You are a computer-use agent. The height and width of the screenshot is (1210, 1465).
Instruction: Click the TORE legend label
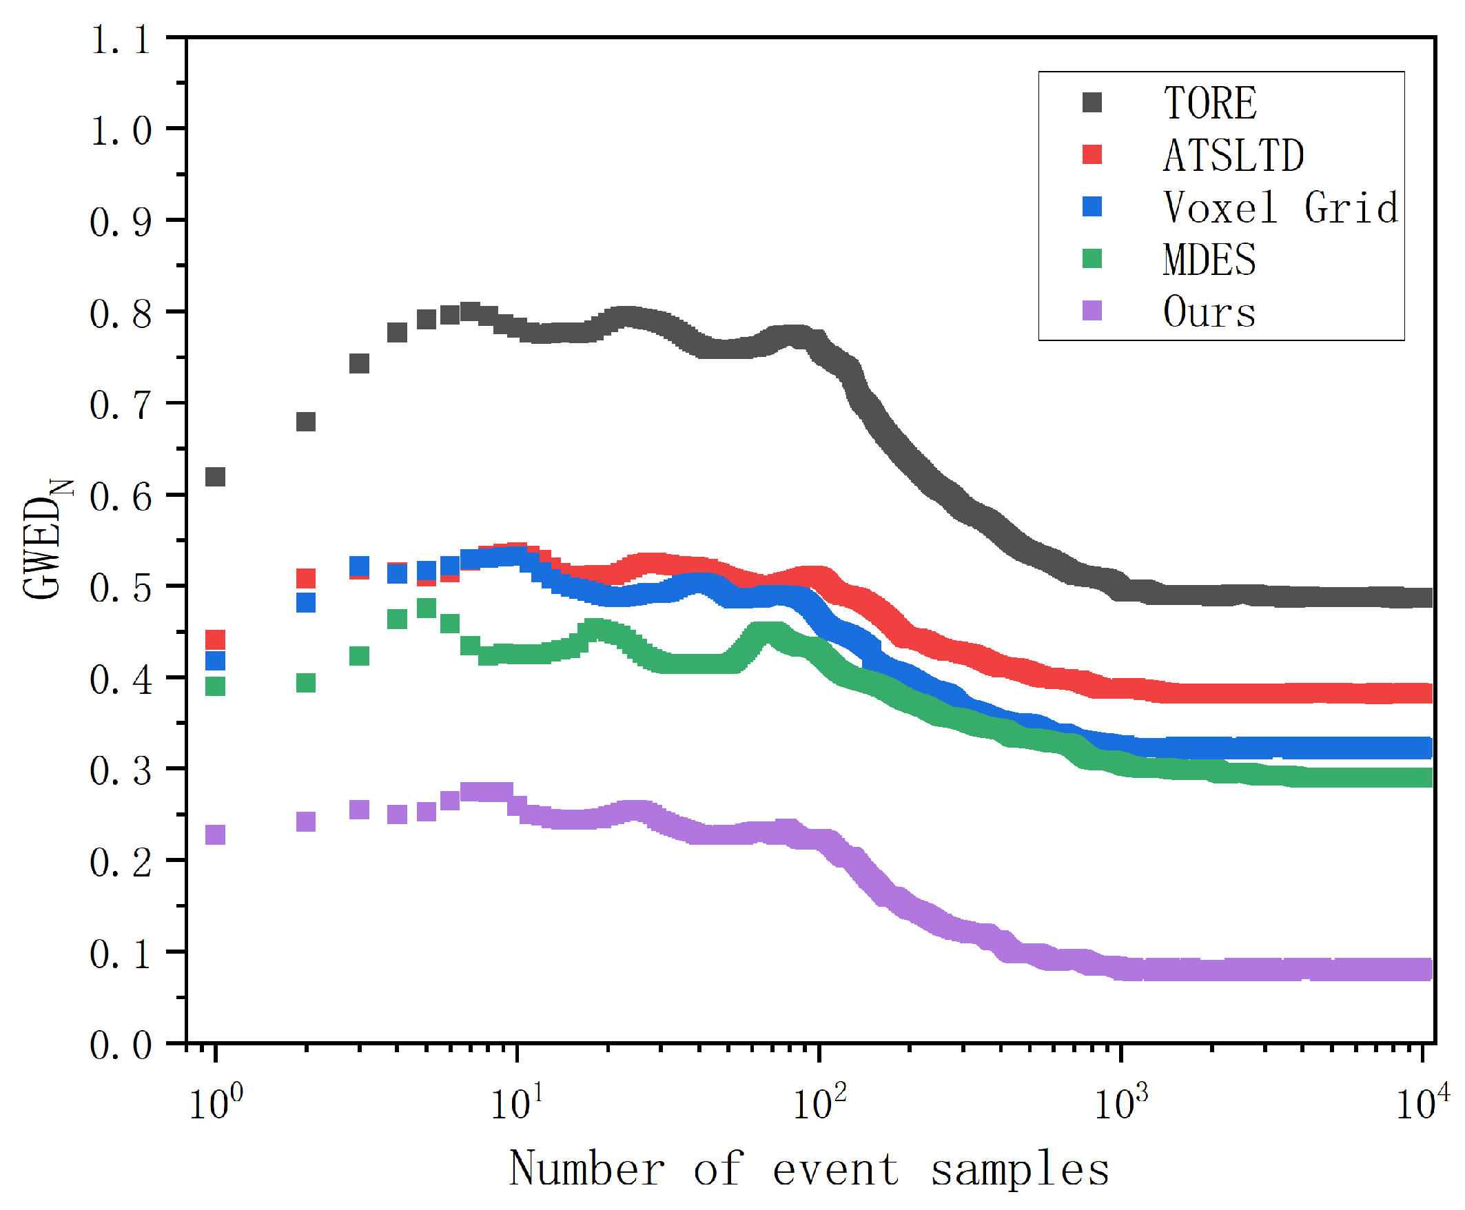pyautogui.click(x=1209, y=103)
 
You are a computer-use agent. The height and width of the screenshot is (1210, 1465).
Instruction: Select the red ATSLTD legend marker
pyautogui.click(x=1092, y=155)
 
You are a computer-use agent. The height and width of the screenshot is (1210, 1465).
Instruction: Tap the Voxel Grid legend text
pyautogui.click(x=1280, y=207)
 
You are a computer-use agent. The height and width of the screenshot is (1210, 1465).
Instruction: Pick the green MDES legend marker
pyautogui.click(x=1092, y=258)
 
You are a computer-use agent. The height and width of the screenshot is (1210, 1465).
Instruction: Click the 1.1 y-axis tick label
pyautogui.click(x=121, y=41)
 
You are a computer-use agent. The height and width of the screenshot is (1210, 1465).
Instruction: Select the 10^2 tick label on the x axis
pyautogui.click(x=819, y=1103)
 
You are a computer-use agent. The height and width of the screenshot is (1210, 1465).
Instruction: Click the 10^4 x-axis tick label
pyautogui.click(x=1422, y=1103)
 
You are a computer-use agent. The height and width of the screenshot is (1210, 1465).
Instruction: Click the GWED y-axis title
pyautogui.click(x=45, y=540)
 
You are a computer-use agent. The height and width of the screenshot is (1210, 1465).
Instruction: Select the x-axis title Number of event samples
pyautogui.click(x=808, y=1169)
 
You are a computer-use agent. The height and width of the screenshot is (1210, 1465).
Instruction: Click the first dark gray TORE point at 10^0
pyautogui.click(x=216, y=477)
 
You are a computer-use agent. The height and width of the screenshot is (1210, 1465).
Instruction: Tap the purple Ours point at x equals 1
pyautogui.click(x=216, y=834)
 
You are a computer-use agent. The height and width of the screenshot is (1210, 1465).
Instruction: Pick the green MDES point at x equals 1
pyautogui.click(x=216, y=686)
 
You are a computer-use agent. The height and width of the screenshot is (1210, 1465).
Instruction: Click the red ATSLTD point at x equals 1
pyautogui.click(x=216, y=639)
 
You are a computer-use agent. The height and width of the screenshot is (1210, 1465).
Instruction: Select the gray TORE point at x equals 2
pyautogui.click(x=306, y=422)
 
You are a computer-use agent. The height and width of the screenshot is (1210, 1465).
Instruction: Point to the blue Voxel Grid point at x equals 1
pyautogui.click(x=216, y=660)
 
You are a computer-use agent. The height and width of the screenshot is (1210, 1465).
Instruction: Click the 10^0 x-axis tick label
pyautogui.click(x=216, y=1103)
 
